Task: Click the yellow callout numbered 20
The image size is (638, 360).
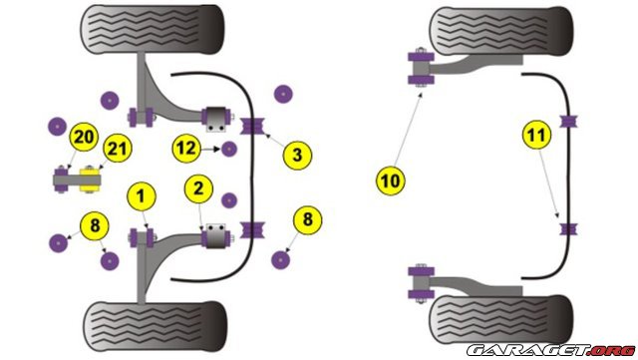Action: [x=84, y=138]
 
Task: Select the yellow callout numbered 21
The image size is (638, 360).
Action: [x=118, y=149]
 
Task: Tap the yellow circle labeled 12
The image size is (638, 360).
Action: [x=186, y=149]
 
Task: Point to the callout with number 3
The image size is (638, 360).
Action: [x=297, y=155]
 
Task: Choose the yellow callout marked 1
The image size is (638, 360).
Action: [x=142, y=196]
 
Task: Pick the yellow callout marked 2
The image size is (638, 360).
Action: [x=198, y=188]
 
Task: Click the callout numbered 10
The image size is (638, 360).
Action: [x=391, y=180]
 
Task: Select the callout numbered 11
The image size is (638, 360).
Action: [x=537, y=135]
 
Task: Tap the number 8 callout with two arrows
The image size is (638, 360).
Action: [x=95, y=225]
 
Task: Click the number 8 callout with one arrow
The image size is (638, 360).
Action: [x=308, y=220]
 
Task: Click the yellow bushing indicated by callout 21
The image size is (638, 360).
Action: [x=90, y=180]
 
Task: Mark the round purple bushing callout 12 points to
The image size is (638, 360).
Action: [x=229, y=150]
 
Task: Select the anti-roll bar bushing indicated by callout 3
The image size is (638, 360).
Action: [x=252, y=127]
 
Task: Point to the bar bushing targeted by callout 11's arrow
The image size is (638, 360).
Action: [x=568, y=229]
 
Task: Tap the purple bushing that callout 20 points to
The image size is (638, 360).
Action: [x=61, y=180]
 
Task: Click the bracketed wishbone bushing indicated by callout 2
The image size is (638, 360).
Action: [x=216, y=235]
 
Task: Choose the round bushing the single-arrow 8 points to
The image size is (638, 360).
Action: [x=280, y=260]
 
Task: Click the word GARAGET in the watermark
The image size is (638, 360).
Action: [x=528, y=350]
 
